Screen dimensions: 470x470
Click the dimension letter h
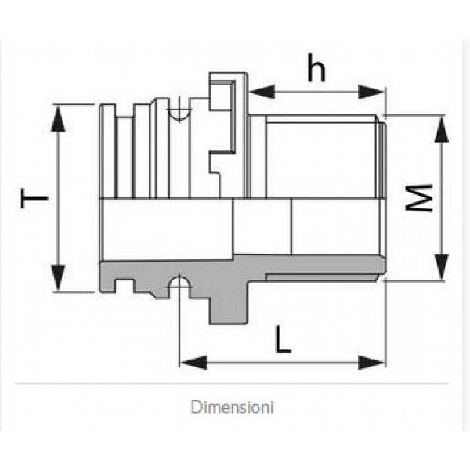click(x=316, y=67)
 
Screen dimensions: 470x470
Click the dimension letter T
click(x=34, y=198)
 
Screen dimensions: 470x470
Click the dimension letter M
click(x=419, y=198)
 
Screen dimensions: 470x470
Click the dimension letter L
click(x=283, y=338)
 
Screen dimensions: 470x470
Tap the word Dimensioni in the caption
click(x=233, y=407)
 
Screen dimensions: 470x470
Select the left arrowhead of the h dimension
click(x=262, y=92)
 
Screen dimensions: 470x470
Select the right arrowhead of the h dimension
click(x=371, y=92)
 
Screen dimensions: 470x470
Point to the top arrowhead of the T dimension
click(x=58, y=118)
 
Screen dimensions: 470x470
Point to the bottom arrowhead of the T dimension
click(x=58, y=277)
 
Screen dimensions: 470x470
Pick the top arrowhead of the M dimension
click(x=442, y=129)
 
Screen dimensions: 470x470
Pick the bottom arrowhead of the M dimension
click(x=442, y=267)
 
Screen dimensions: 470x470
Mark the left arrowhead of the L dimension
click(x=193, y=363)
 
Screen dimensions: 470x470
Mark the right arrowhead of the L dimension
click(x=371, y=363)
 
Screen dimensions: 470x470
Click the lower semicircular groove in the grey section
click(x=179, y=280)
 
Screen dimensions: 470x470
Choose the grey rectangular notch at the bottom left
click(x=124, y=285)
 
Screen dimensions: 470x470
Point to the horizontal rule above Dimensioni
click(x=232, y=383)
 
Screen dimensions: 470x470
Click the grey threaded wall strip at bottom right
click(x=320, y=277)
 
